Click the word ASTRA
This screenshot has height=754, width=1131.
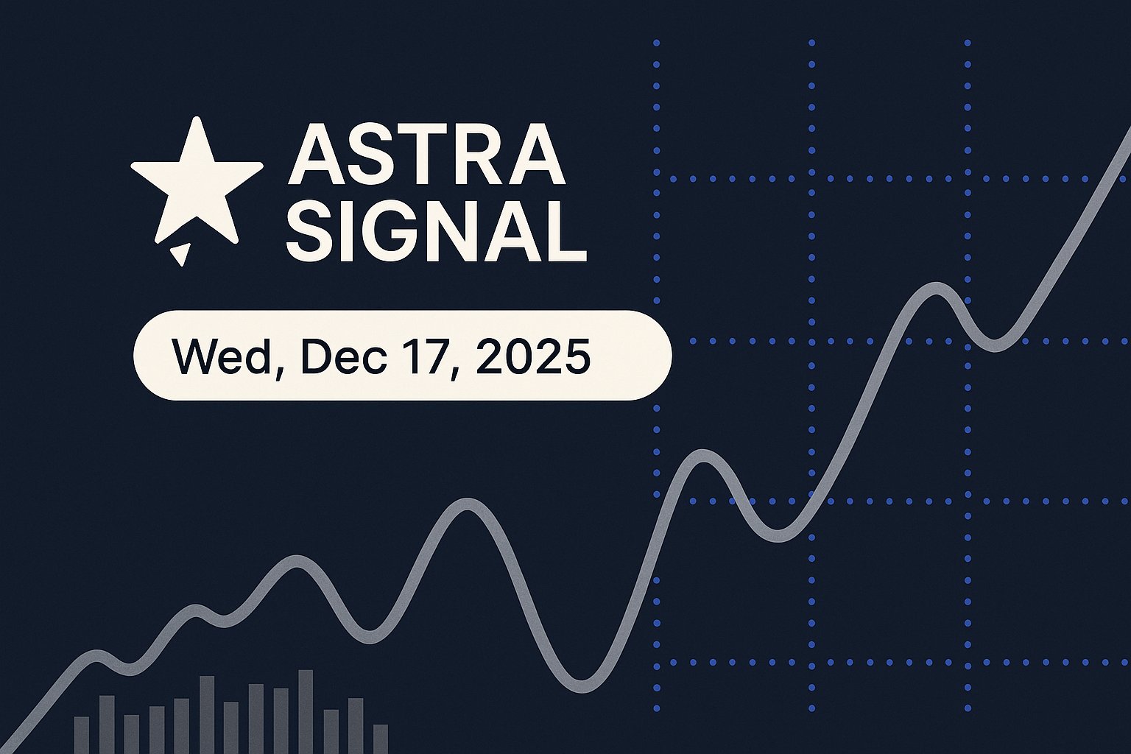pos(426,155)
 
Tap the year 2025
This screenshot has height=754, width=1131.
pos(532,356)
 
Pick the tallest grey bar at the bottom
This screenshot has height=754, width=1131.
pos(306,711)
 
